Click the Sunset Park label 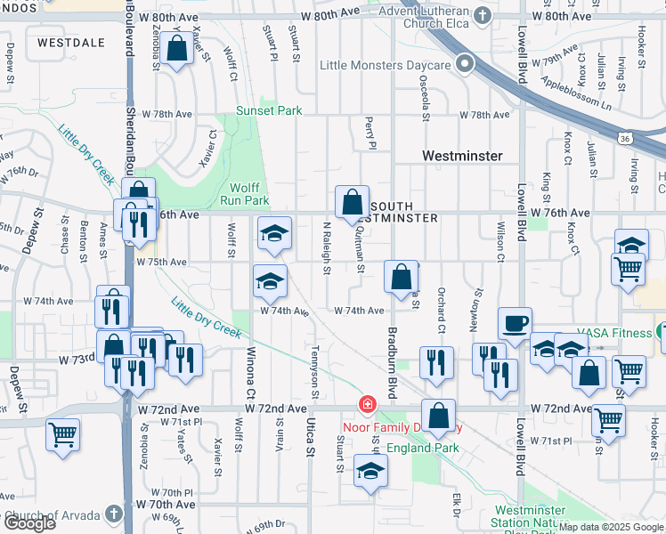(269, 111)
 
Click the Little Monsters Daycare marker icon (464, 65)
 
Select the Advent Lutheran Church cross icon (482, 16)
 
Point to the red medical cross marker (366, 406)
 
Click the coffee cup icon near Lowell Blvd (514, 325)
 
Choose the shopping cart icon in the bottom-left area (63, 435)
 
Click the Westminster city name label (462, 156)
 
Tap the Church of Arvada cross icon (112, 514)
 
